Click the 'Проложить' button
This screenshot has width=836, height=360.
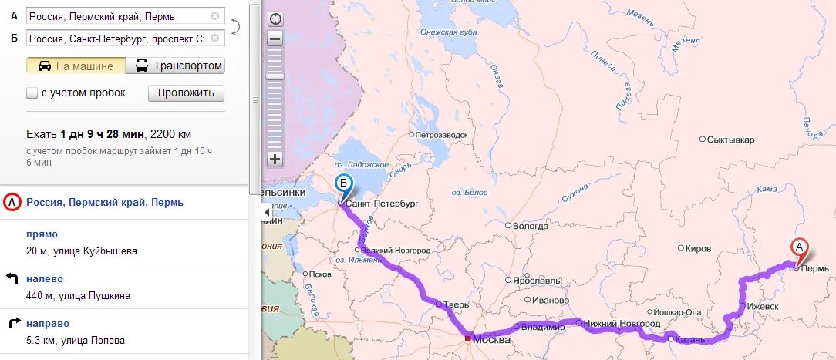point(186,93)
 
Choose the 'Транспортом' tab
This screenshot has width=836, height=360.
point(179,66)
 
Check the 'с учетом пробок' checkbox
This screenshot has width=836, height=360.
point(32,93)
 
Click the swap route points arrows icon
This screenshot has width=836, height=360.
point(235,26)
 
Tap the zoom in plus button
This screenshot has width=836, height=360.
point(275,160)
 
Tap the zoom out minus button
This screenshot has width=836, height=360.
point(275,37)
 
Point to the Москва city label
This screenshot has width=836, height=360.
point(491,340)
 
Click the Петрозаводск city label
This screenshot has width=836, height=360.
point(442,135)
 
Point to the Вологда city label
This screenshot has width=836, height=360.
point(531,226)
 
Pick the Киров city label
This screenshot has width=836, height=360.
point(699,249)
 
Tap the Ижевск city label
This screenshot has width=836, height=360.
point(763,306)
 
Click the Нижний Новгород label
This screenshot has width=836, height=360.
point(622,323)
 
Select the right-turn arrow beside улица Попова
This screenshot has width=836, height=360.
point(12,323)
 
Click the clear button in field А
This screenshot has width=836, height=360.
point(214,15)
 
